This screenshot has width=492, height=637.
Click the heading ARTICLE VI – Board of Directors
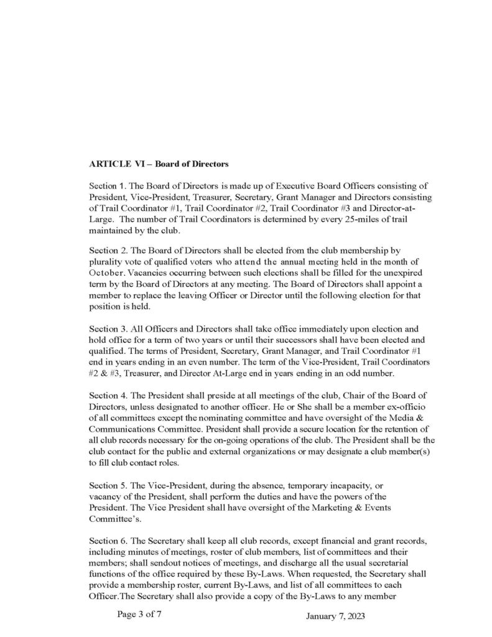click(159, 165)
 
